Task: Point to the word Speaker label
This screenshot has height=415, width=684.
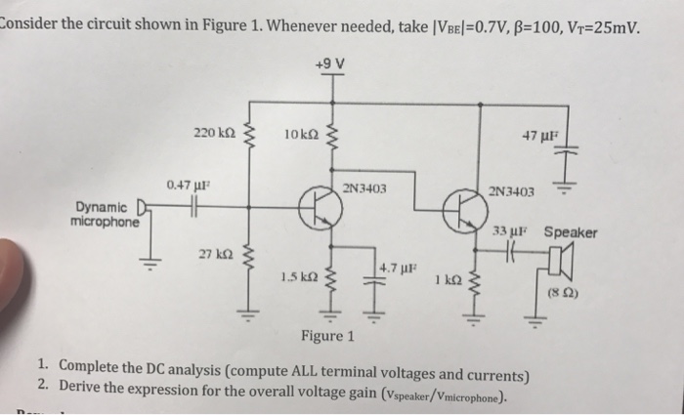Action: [571, 232]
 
